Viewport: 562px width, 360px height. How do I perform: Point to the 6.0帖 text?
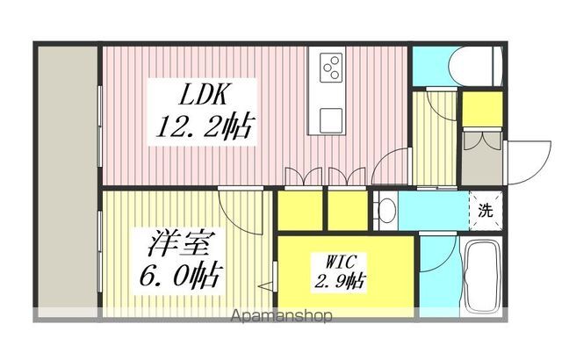pyautogui.click(x=177, y=273)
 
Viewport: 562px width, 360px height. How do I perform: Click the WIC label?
pyautogui.click(x=335, y=262)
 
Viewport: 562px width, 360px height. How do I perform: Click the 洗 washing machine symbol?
pyautogui.click(x=485, y=211)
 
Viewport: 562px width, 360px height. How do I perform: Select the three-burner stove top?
pyautogui.click(x=332, y=68)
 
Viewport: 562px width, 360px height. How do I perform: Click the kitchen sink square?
pyautogui.click(x=331, y=118)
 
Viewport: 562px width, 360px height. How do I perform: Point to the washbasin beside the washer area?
pyautogui.click(x=385, y=211)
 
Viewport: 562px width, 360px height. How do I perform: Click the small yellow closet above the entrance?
pyautogui.click(x=482, y=108)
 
